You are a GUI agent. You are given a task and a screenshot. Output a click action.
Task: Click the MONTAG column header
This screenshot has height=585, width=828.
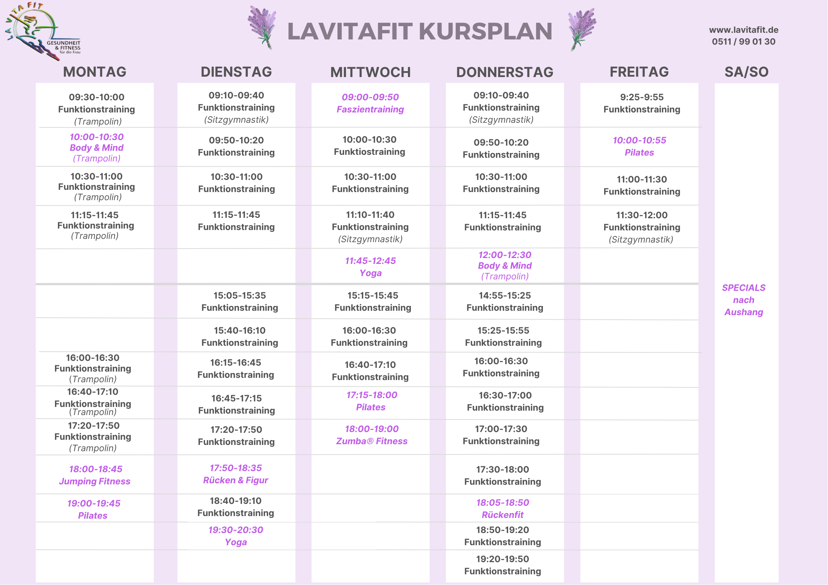point(95,72)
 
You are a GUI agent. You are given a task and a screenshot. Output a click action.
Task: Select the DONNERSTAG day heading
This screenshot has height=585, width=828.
point(505,72)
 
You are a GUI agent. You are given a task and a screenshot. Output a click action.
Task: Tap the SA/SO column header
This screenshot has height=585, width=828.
point(746,72)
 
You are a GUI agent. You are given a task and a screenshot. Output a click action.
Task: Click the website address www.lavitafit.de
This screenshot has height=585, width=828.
point(744,30)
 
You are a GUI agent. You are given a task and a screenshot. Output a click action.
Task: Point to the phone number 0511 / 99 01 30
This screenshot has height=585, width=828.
point(744,42)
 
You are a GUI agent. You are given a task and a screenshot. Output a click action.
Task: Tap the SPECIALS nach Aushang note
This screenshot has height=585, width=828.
point(744,300)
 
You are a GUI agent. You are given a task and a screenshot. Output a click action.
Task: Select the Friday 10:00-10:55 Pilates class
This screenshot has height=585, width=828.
point(639,146)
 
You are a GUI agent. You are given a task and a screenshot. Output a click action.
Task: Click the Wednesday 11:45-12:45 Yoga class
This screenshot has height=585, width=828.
point(370,267)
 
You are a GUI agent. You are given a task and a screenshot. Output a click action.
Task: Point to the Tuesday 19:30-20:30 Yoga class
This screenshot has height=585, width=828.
point(236,536)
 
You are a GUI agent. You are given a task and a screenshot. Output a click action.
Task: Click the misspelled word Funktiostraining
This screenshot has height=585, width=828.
point(370,152)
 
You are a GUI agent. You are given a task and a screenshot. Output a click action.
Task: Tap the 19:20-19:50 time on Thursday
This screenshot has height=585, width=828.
point(502,559)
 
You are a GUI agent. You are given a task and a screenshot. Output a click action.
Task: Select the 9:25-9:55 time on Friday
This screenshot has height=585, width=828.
point(642,97)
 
